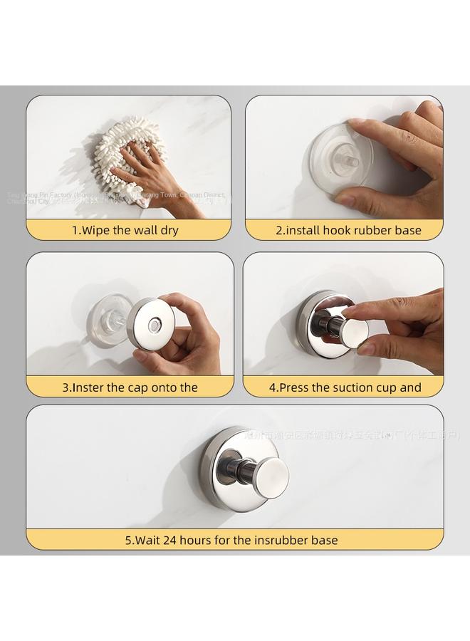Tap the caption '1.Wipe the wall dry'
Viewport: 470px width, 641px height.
[125, 230]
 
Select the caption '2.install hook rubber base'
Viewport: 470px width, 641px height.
[348, 230]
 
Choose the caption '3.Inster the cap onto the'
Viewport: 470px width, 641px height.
[130, 387]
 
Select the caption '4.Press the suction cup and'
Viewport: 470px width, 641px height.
[345, 387]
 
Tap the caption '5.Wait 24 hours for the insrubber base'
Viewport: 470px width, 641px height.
[231, 540]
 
